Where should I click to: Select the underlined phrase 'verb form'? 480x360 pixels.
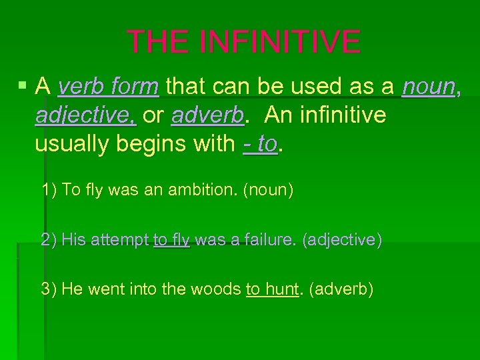108,86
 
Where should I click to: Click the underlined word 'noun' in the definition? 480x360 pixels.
429,86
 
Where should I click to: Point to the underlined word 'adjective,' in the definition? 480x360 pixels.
86,115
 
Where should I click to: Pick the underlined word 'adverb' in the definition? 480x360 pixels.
207,115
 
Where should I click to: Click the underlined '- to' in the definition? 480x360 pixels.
259,143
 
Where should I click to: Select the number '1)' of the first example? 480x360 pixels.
49,190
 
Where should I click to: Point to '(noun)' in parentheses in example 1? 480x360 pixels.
268,190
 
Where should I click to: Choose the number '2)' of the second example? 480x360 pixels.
49,240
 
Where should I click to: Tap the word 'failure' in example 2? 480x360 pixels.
271,240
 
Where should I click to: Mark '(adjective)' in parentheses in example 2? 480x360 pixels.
342,240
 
